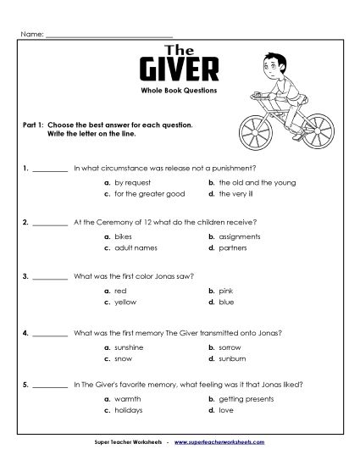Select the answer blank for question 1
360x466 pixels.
click(51, 170)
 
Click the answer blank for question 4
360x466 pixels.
click(51, 332)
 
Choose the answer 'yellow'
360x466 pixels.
click(125, 302)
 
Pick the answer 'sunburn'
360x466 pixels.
click(231, 356)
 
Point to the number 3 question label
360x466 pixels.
click(26, 278)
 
